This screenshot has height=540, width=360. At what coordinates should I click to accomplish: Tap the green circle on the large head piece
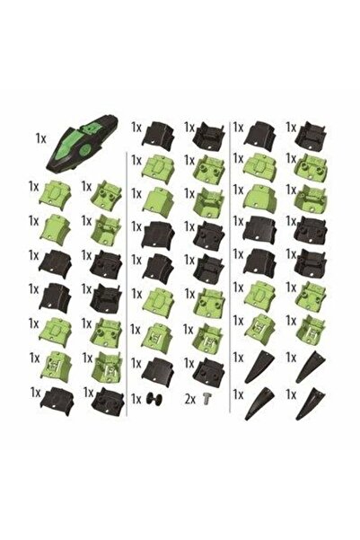[84, 149]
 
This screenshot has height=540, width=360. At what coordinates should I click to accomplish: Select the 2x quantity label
[190, 400]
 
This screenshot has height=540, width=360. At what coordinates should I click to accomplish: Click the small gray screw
[207, 399]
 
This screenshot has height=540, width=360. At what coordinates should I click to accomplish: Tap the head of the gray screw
[207, 396]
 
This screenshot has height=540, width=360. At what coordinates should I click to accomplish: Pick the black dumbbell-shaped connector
[154, 400]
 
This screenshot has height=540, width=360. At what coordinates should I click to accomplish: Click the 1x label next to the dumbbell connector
[136, 399]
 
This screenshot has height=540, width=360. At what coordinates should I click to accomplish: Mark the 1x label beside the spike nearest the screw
[238, 395]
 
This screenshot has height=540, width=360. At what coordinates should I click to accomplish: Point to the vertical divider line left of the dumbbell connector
[127, 283]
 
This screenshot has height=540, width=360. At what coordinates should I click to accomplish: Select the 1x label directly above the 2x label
[189, 363]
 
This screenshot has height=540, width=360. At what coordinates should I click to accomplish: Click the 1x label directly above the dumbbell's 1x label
[136, 364]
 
